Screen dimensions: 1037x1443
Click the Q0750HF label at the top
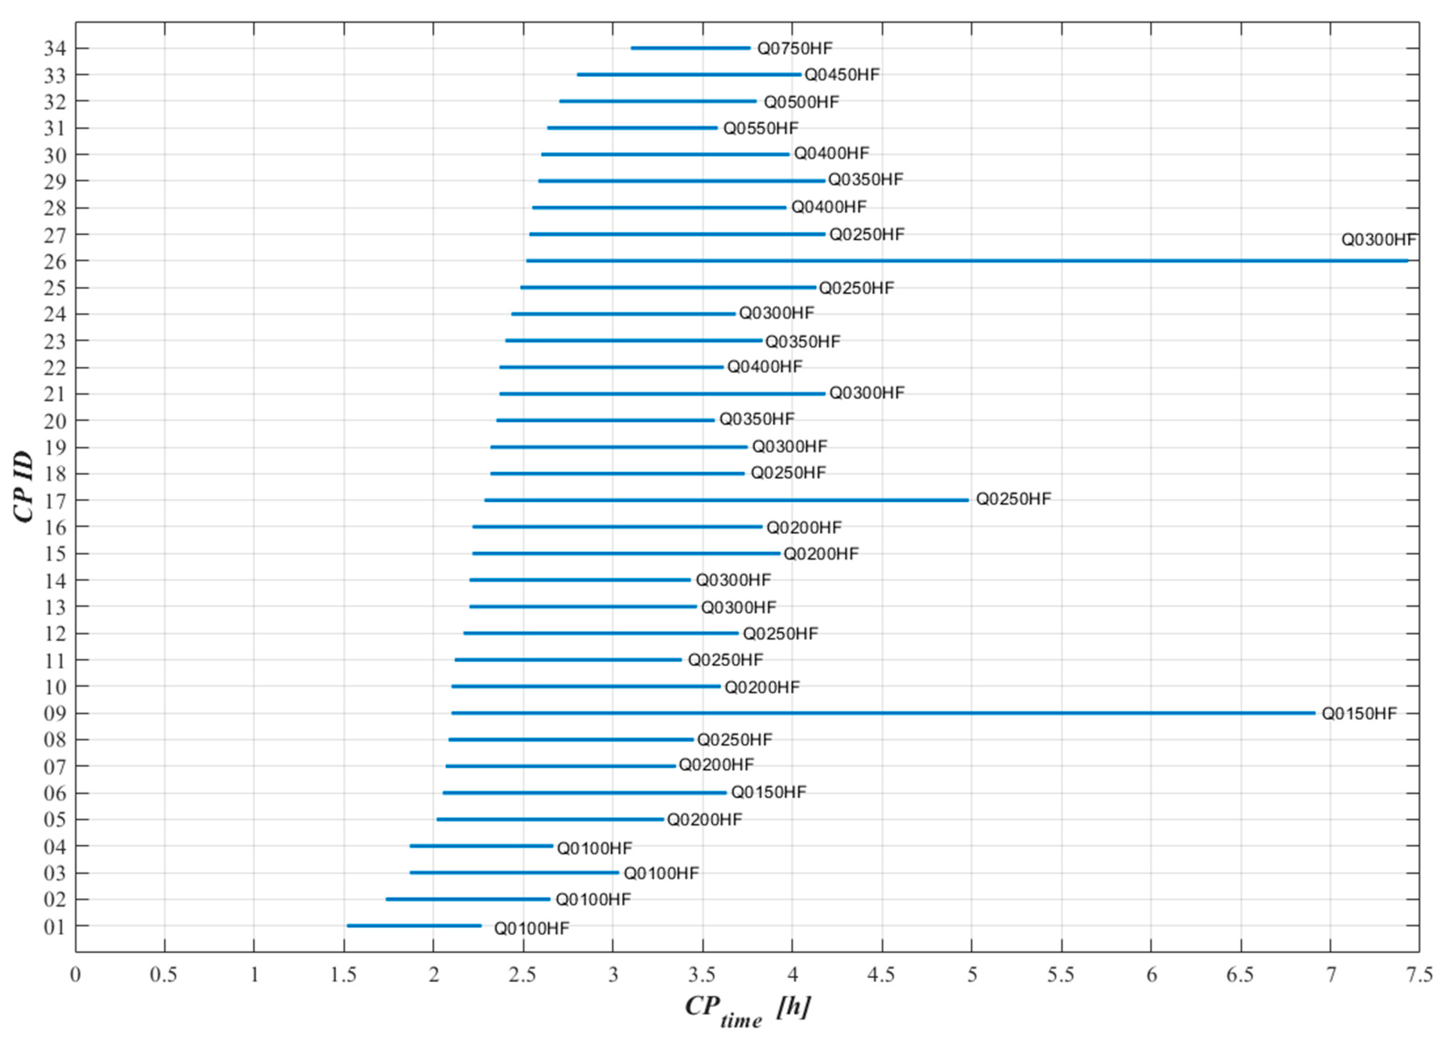[795, 48]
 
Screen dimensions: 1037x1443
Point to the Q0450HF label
[842, 75]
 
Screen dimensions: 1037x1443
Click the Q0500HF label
[801, 102]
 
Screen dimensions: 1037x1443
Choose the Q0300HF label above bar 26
[1378, 240]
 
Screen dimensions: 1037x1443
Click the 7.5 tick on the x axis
[1419, 975]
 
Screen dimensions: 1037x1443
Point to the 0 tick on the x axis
[76, 975]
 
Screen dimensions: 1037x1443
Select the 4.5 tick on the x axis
[882, 975]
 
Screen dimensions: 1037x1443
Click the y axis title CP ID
[24, 487]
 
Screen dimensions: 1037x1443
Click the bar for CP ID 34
[690, 48]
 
